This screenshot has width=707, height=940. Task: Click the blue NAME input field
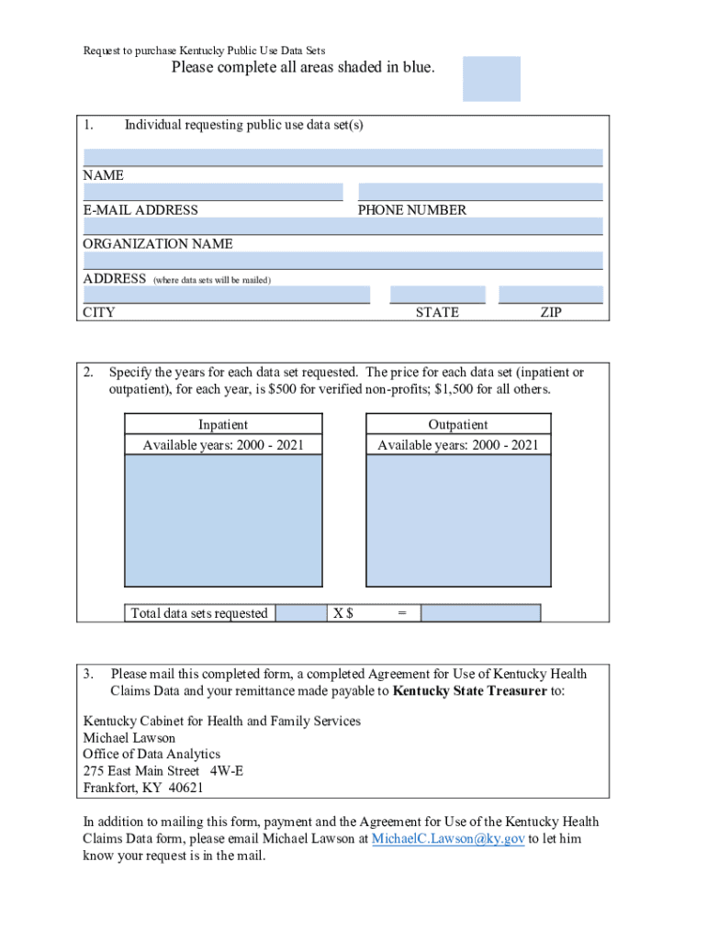click(x=342, y=157)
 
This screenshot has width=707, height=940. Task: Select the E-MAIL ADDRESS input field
click(x=212, y=192)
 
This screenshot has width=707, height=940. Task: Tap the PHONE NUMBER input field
click(x=479, y=192)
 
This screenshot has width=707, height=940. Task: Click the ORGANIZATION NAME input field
click(x=342, y=226)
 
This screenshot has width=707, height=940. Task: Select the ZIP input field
click(x=550, y=295)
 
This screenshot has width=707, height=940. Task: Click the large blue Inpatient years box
click(x=223, y=520)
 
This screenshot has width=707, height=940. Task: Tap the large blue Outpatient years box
click(x=458, y=520)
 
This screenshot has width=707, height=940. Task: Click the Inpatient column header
click(x=223, y=424)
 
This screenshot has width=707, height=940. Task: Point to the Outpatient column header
click(x=458, y=424)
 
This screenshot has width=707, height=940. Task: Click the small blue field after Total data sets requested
click(x=301, y=613)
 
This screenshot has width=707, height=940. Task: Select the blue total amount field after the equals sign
click(x=480, y=613)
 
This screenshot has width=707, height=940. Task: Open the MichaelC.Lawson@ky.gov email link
click(x=448, y=839)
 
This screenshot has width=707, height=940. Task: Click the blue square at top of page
click(x=491, y=79)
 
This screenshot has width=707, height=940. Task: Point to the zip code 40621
click(x=185, y=788)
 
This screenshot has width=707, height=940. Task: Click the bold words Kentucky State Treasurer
click(x=469, y=691)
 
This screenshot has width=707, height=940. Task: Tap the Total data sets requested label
click(x=199, y=613)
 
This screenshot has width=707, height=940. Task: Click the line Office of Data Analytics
click(x=151, y=754)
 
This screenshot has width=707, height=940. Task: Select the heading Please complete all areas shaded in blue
click(x=303, y=68)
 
